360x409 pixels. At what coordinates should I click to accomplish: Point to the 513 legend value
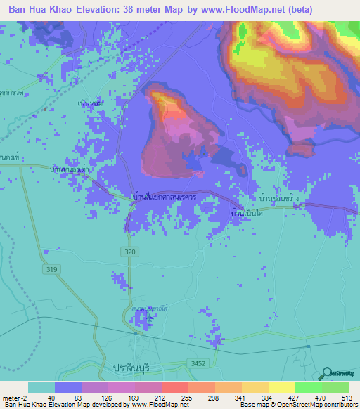pyautogui.click(x=346, y=397)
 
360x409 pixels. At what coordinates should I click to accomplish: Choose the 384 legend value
pyautogui.click(x=267, y=397)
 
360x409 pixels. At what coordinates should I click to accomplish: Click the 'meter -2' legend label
pyautogui.click(x=15, y=397)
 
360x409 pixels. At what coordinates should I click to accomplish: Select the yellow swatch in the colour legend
pyautogui.click(x=281, y=387)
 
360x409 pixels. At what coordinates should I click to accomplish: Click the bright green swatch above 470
pyautogui.click(x=307, y=387)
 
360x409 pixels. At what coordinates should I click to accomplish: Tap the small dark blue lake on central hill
pyautogui.click(x=193, y=164)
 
